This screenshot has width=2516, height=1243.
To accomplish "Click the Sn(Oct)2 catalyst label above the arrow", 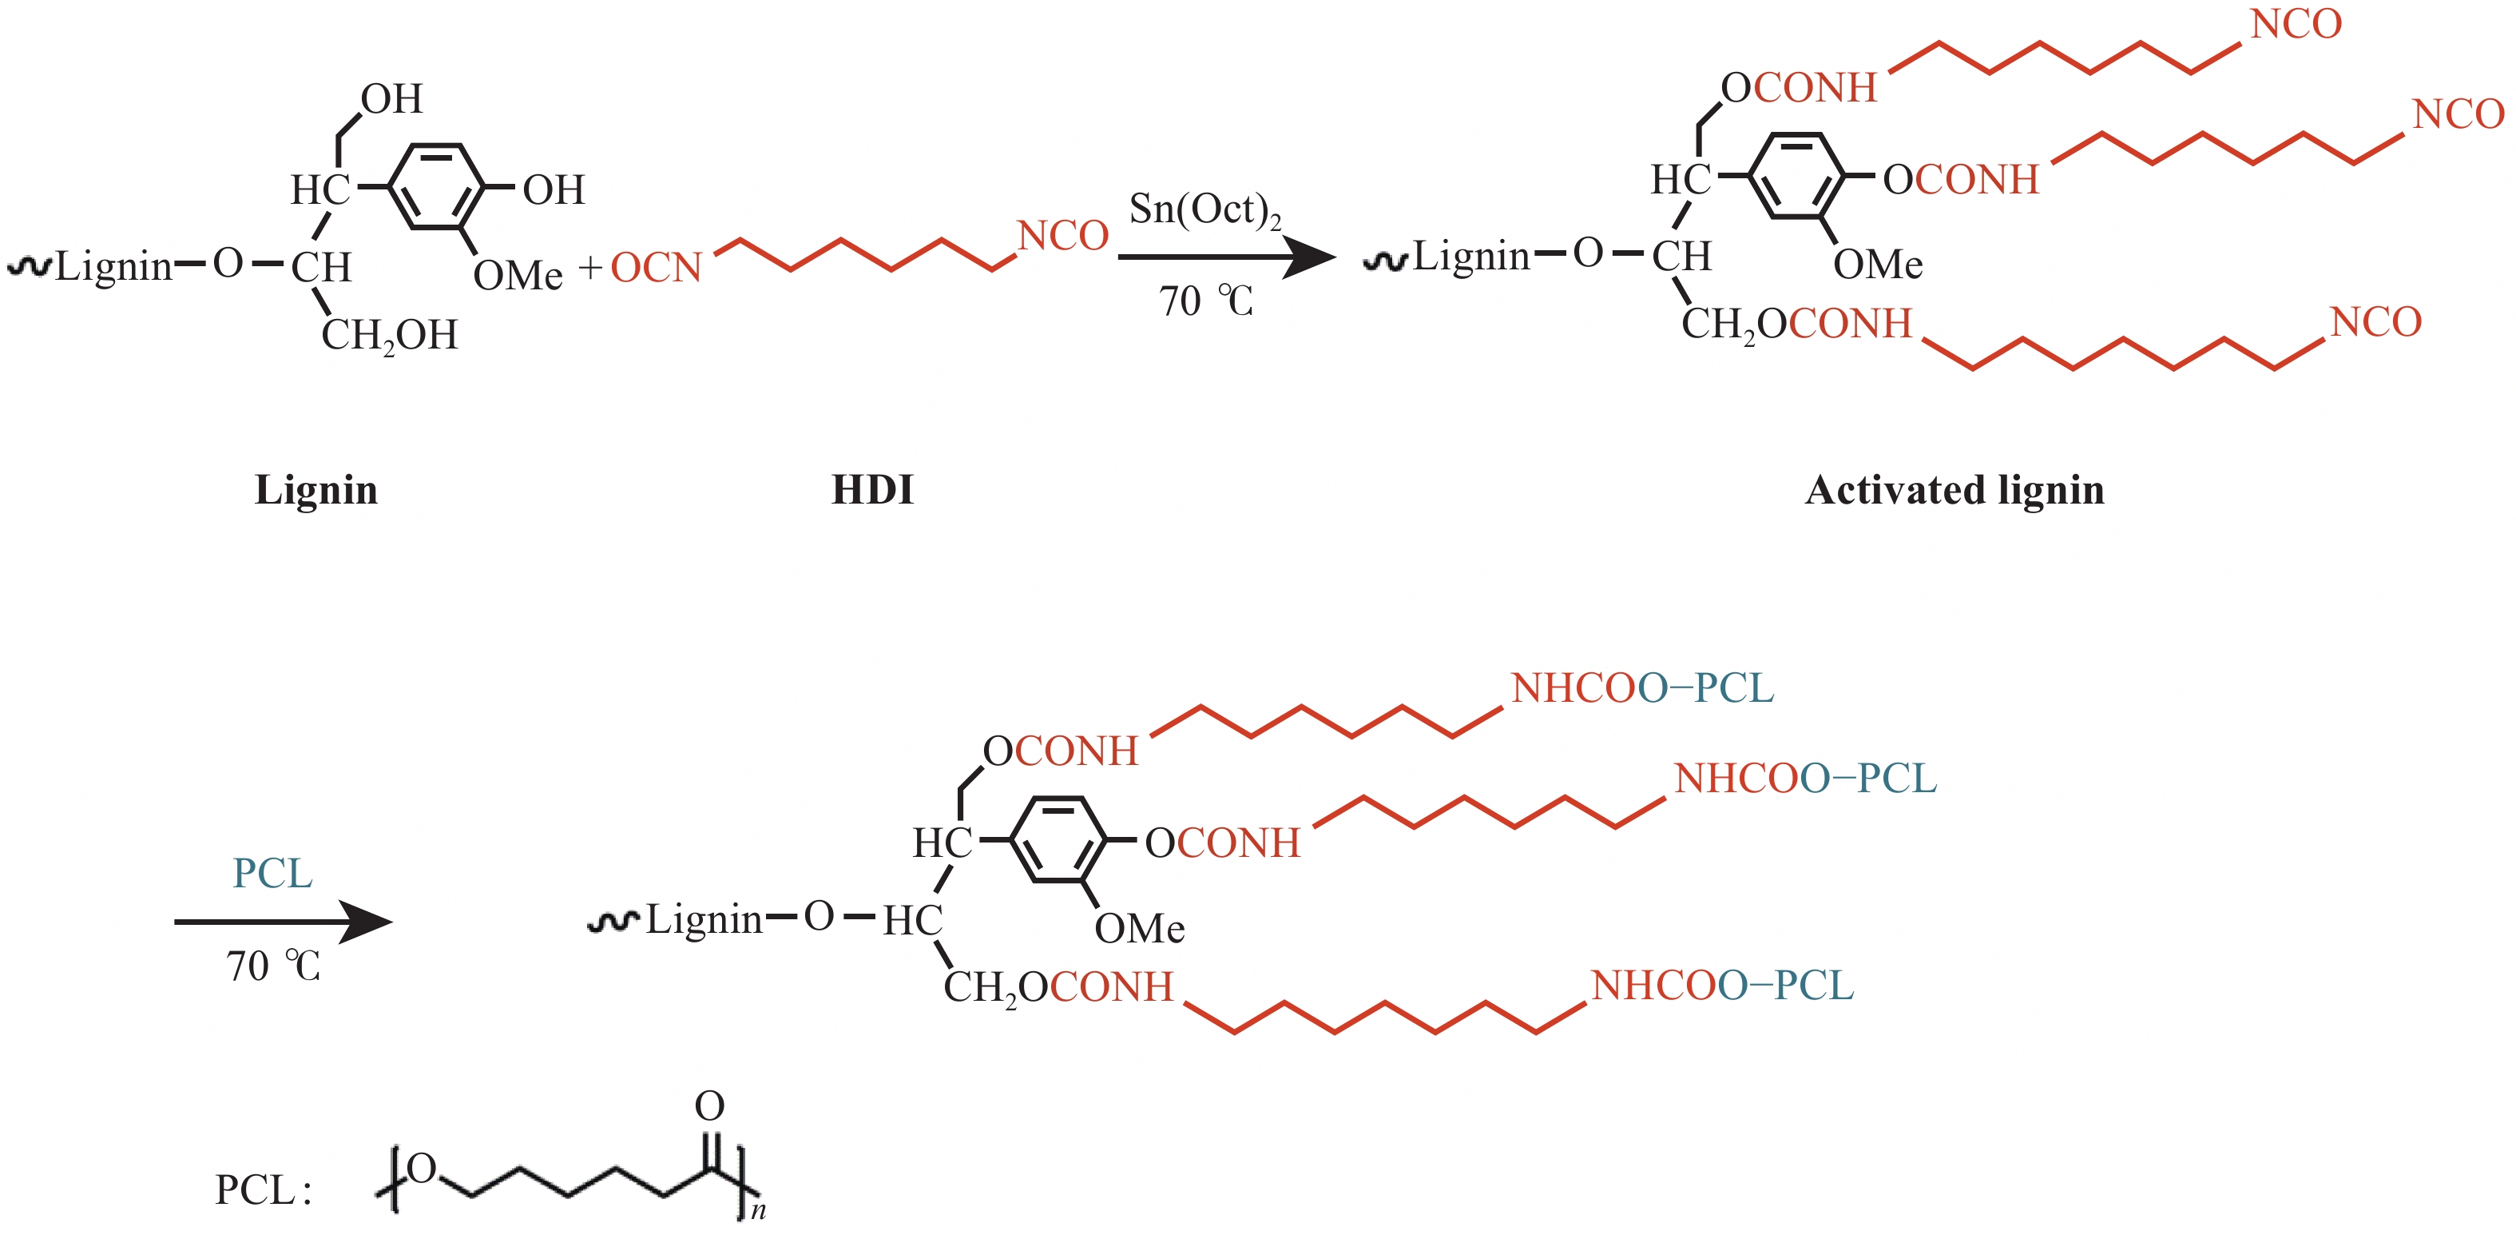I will (1204, 210).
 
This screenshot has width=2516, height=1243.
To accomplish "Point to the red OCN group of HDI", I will (657, 268).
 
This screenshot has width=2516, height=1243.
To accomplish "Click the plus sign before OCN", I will (590, 268).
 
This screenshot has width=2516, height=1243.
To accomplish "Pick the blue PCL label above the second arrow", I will (272, 873).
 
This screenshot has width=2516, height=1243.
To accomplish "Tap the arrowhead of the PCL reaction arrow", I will (368, 922).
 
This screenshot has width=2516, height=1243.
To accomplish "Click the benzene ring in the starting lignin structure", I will (435, 185).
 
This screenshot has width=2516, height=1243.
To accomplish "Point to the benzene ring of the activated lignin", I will (1796, 176).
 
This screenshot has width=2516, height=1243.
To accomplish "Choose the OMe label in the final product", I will (1139, 928).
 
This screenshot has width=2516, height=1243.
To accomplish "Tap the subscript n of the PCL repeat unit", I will (758, 1212).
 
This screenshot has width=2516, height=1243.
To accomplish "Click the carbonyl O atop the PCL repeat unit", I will (709, 1106).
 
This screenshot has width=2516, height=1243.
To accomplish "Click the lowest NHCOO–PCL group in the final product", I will (1722, 986).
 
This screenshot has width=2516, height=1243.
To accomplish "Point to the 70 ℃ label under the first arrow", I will (1205, 301).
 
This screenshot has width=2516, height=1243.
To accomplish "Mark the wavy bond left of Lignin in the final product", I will (613, 922).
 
